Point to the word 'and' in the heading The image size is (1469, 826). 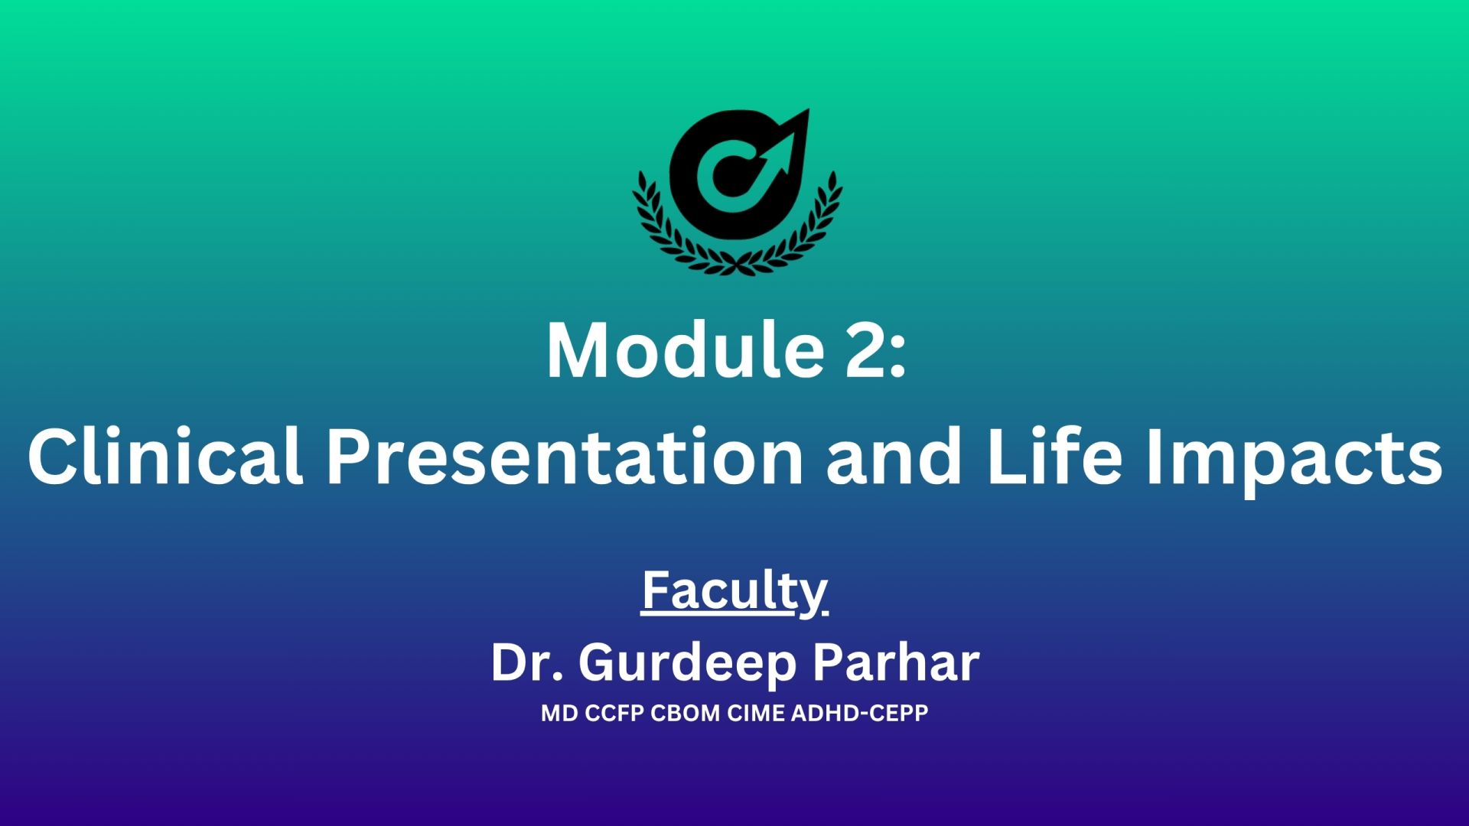(893, 457)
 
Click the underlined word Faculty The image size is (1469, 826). (734, 593)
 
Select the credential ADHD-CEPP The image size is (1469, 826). (860, 714)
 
